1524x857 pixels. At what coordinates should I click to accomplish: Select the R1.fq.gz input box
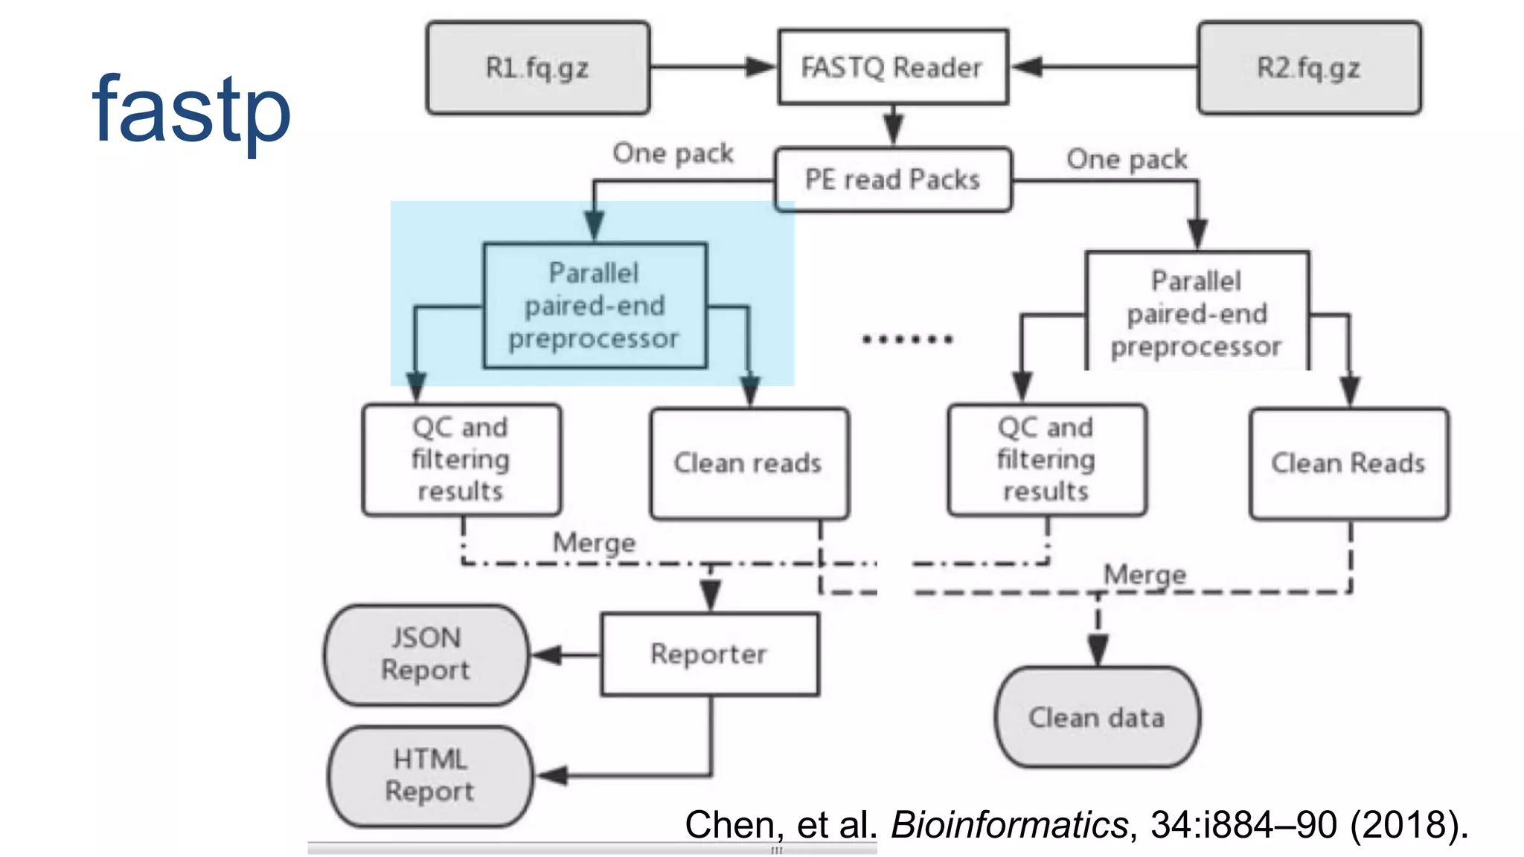537,68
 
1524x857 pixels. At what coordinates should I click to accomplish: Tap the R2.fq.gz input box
1309,68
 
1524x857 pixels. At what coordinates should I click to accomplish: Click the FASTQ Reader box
892,67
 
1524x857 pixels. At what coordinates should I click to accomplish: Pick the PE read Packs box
892,179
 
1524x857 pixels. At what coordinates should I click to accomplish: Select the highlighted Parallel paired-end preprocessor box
595,305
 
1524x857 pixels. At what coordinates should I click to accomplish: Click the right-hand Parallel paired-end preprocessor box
1197,312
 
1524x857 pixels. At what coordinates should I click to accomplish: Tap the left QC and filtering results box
461,459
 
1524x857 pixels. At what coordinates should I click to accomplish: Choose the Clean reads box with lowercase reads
749,463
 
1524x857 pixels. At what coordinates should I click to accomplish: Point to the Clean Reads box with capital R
1348,463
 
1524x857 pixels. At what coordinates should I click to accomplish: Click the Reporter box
709,654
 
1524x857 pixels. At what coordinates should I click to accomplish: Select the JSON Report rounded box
426,654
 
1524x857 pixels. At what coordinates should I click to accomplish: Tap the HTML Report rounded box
430,775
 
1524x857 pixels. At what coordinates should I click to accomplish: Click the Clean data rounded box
1097,717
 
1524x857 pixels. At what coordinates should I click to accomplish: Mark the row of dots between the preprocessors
907,339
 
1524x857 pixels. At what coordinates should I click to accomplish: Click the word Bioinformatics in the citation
1009,824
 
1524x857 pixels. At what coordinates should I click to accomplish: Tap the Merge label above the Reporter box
594,542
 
